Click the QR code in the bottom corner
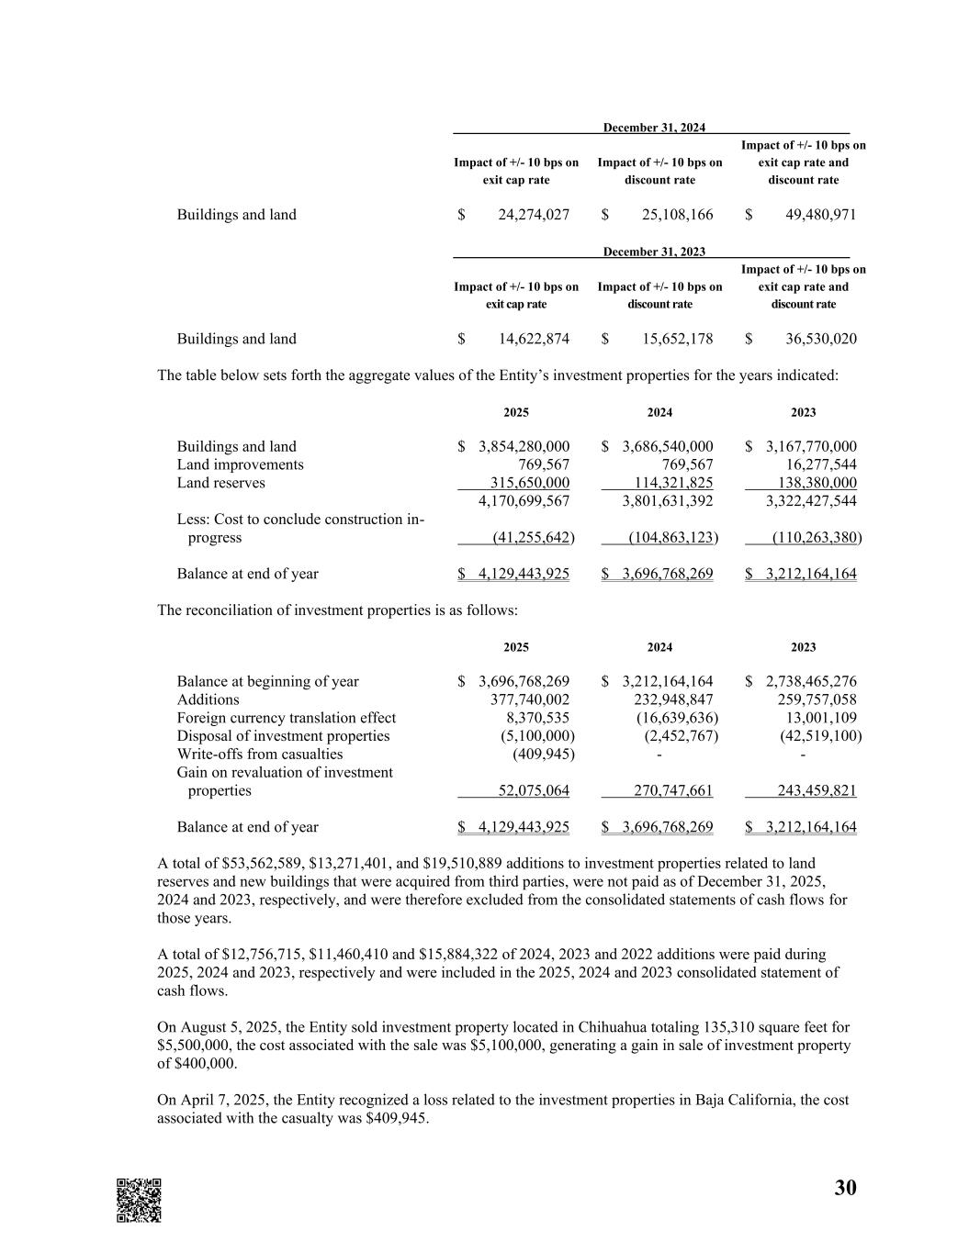(x=139, y=1200)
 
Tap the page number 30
(x=845, y=1188)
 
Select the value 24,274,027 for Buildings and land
(x=533, y=215)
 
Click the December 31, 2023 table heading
(x=654, y=252)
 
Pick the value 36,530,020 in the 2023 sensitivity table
(x=820, y=339)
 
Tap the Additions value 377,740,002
(x=530, y=699)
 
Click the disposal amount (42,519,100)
(x=820, y=736)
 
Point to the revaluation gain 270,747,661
(x=673, y=790)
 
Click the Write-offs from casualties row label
(x=259, y=755)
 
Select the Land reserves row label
(x=220, y=483)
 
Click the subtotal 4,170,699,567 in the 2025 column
(x=524, y=501)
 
